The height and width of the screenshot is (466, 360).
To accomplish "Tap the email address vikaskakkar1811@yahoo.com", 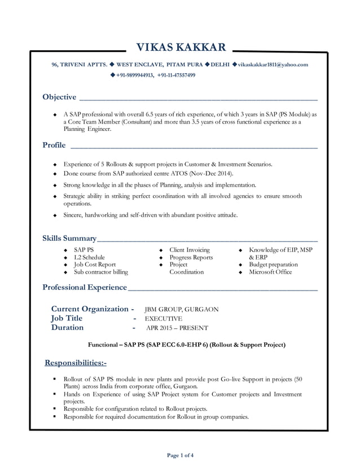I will pyautogui.click(x=273, y=65).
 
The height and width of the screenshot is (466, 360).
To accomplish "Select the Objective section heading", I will pyautogui.click(x=59, y=97).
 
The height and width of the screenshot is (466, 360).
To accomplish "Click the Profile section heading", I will pyautogui.click(x=54, y=146).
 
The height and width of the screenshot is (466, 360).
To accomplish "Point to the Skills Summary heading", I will pyautogui.click(x=69, y=238).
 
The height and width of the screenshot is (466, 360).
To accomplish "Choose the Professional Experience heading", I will pyautogui.click(x=85, y=288).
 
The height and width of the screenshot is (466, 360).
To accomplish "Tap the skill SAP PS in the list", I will pyautogui.click(x=84, y=249).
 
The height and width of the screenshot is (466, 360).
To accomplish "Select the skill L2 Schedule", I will pyautogui.click(x=89, y=257).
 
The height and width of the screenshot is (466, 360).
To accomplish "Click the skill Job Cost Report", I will pyautogui.click(x=95, y=265).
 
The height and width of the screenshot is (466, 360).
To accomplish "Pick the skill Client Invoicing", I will pyautogui.click(x=190, y=249).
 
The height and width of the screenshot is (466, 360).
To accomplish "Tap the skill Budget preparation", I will pyautogui.click(x=274, y=265).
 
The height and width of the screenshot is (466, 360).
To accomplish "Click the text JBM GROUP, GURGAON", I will pyautogui.click(x=182, y=310).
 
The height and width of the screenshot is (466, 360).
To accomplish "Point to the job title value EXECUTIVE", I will pyautogui.click(x=164, y=319).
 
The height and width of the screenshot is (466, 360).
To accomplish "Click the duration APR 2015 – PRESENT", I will pyautogui.click(x=177, y=328).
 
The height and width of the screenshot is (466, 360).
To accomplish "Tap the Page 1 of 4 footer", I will pyautogui.click(x=181, y=455).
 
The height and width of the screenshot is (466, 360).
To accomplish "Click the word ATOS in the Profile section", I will pyautogui.click(x=179, y=174).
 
